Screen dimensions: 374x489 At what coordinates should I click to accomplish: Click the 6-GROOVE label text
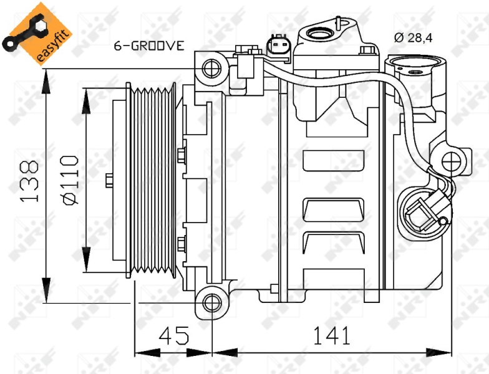pos(148,46)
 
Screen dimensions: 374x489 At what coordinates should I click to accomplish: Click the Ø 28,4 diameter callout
pos(413,37)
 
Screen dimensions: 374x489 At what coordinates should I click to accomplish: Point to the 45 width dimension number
pos(174,336)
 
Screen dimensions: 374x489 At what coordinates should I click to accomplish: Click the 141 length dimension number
pos(331,336)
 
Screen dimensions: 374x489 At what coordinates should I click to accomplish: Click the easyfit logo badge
pos(37,34)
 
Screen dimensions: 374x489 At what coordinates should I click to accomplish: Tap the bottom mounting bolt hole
pos(212,303)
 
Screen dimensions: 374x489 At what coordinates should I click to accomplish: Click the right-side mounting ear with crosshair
pos(450,161)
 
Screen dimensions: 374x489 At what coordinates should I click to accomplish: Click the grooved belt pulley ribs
pos(152,181)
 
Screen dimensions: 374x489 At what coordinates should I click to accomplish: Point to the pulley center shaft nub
pos(109,181)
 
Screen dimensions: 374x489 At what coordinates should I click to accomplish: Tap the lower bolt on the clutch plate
pos(182,244)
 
